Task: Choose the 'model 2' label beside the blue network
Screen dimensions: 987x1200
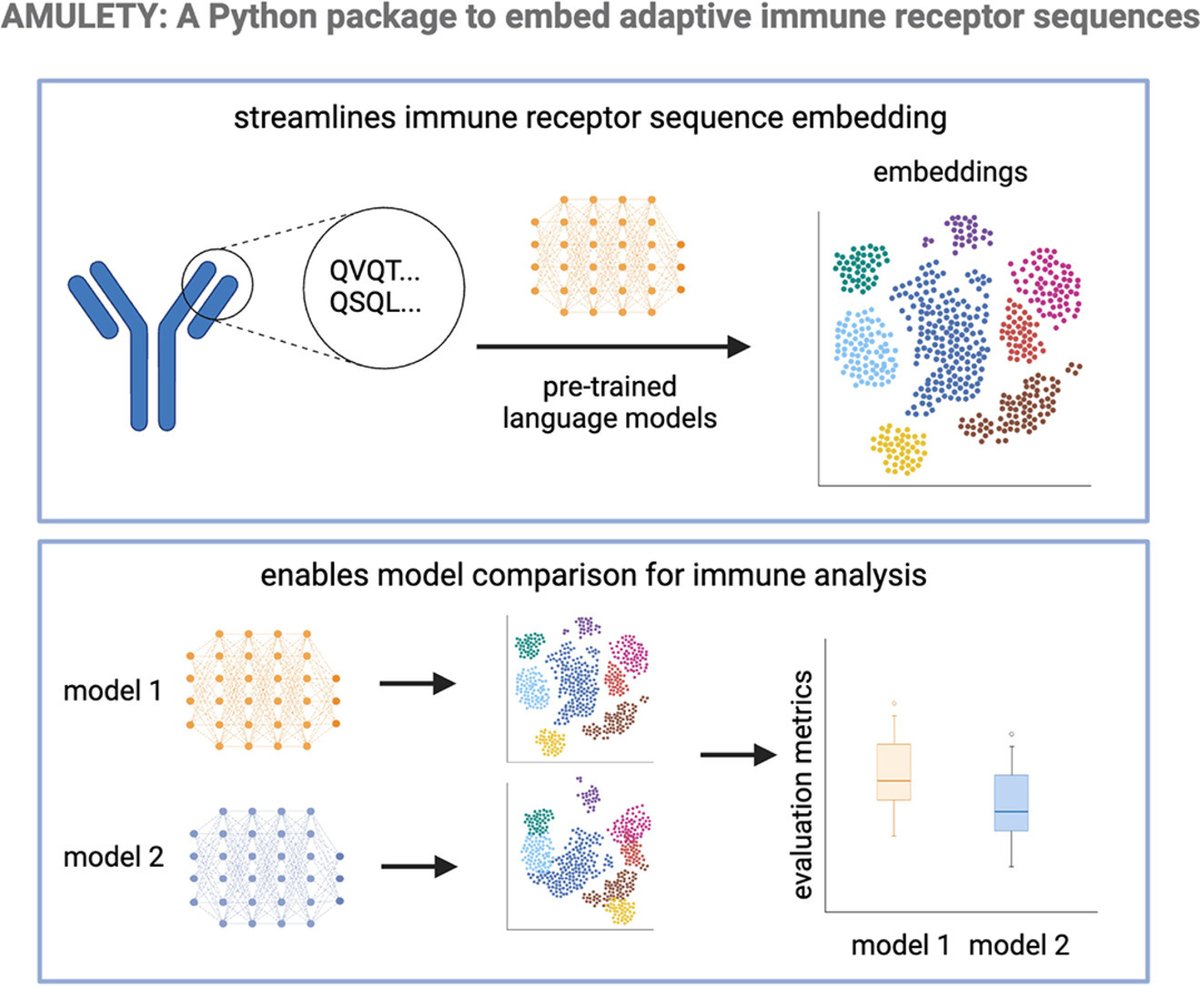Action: [x=107, y=857]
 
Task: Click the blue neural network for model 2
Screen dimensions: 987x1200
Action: [x=264, y=856]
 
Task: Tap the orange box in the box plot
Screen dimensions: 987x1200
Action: [x=893, y=771]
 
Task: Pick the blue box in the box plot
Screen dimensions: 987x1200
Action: [x=1012, y=802]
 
